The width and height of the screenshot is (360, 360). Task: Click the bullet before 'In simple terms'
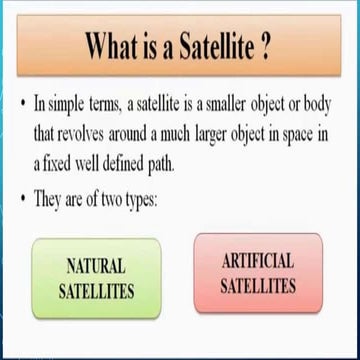pos(22,104)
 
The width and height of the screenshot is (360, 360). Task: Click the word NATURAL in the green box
pos(96,266)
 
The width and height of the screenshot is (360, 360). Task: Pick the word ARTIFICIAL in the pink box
pos(257,262)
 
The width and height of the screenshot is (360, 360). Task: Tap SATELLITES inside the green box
pos(96,291)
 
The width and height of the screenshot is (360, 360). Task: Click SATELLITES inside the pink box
pos(257,286)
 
